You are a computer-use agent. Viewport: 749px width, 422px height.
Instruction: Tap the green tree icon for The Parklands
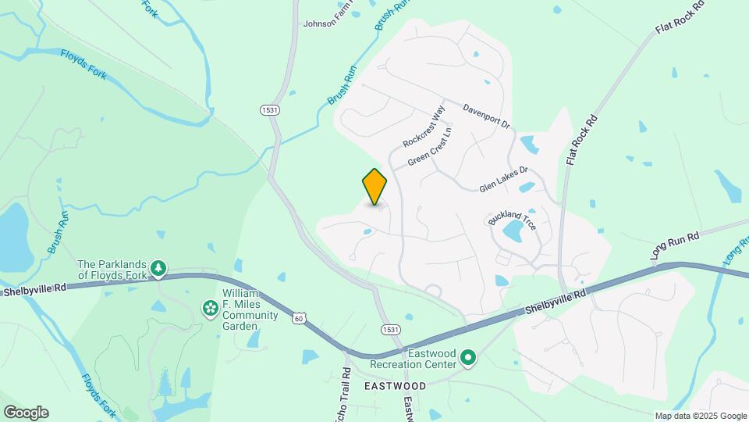click(x=158, y=269)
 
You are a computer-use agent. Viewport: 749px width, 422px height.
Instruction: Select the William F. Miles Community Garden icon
click(x=210, y=309)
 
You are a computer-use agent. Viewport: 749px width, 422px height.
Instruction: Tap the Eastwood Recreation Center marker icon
click(x=468, y=358)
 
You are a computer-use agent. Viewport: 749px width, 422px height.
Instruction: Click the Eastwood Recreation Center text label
click(x=414, y=359)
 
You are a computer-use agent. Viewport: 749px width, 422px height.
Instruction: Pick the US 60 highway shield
click(x=300, y=318)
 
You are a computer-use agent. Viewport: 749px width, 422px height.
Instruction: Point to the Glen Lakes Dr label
click(x=503, y=179)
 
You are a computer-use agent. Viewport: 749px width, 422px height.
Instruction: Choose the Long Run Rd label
click(x=675, y=245)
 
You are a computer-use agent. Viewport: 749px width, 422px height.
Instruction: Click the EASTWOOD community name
click(x=395, y=386)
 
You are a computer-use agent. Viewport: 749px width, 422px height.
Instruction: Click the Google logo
click(x=26, y=412)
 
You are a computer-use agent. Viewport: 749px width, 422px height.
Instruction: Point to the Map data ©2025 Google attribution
click(x=701, y=416)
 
